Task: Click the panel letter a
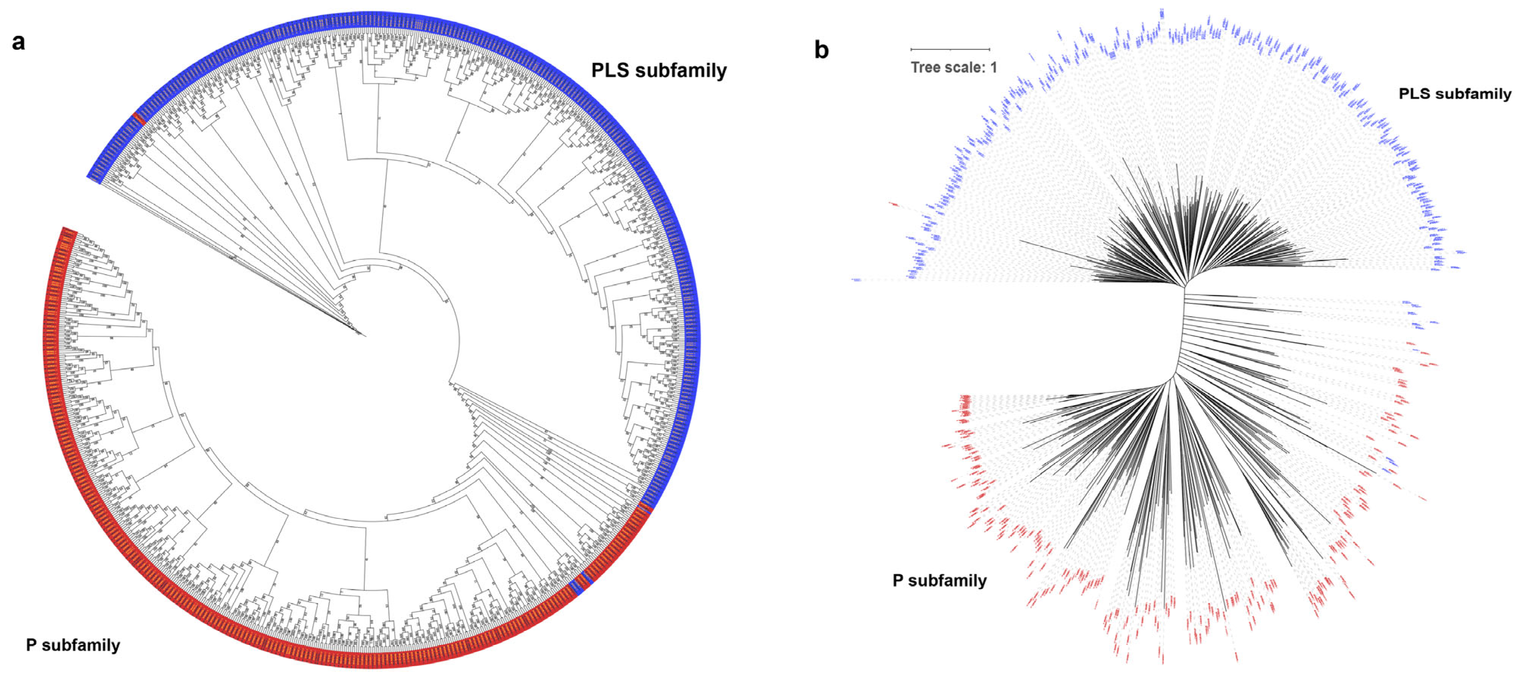pyautogui.click(x=18, y=43)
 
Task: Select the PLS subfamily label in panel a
pyautogui.click(x=659, y=70)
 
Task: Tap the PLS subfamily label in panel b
pyautogui.click(x=1454, y=93)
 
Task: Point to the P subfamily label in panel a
pyautogui.click(x=73, y=645)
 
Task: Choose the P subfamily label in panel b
pyautogui.click(x=939, y=580)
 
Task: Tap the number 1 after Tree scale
pyautogui.click(x=994, y=67)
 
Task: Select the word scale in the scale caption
pyautogui.click(x=964, y=67)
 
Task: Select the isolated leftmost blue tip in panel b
pyautogui.click(x=857, y=280)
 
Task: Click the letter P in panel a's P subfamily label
pyautogui.click(x=31, y=645)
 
